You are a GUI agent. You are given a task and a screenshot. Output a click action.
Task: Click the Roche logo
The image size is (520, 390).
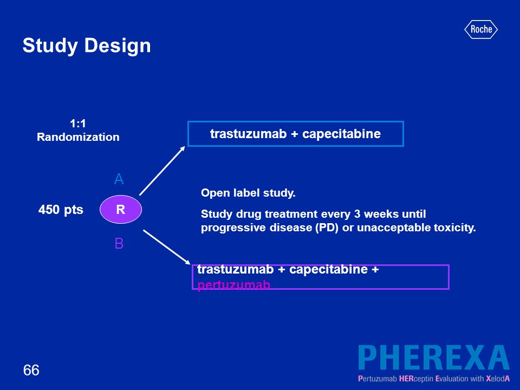pyautogui.click(x=480, y=29)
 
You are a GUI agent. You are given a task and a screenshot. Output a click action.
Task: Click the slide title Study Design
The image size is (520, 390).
pyautogui.click(x=87, y=45)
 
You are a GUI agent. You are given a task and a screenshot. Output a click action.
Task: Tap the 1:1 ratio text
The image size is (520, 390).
pyautogui.click(x=78, y=123)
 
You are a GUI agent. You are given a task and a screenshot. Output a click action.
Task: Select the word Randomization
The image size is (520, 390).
pyautogui.click(x=78, y=137)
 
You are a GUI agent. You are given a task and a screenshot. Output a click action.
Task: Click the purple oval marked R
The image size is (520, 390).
pyautogui.click(x=121, y=209)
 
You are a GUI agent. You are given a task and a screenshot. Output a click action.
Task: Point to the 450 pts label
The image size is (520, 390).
pyautogui.click(x=61, y=210)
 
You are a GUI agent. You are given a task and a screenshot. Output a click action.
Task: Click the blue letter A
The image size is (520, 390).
pyautogui.click(x=119, y=179)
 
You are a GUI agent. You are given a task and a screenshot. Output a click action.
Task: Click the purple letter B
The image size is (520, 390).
pyautogui.click(x=119, y=243)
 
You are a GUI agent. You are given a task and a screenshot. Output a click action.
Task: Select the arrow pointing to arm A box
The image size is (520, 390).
pyautogui.click(x=162, y=171)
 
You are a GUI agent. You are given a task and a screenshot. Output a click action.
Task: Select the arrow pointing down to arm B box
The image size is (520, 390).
pyautogui.click(x=167, y=247)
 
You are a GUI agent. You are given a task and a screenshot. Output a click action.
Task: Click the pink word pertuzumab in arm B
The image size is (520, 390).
pyautogui.click(x=234, y=284)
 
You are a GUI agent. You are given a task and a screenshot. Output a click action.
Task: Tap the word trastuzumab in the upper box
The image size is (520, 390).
pyautogui.click(x=249, y=134)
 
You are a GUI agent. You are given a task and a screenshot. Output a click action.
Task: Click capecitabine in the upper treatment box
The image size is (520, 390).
pyautogui.click(x=342, y=134)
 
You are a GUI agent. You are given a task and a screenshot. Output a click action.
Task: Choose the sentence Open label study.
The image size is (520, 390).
pyautogui.click(x=248, y=193)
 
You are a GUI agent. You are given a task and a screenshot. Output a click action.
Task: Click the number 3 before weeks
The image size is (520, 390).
pyautogui.click(x=357, y=214)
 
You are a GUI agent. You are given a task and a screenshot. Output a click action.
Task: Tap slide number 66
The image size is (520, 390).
pyautogui.click(x=31, y=370)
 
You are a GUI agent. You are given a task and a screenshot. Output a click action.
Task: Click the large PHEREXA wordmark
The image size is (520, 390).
pyautogui.click(x=434, y=357)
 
